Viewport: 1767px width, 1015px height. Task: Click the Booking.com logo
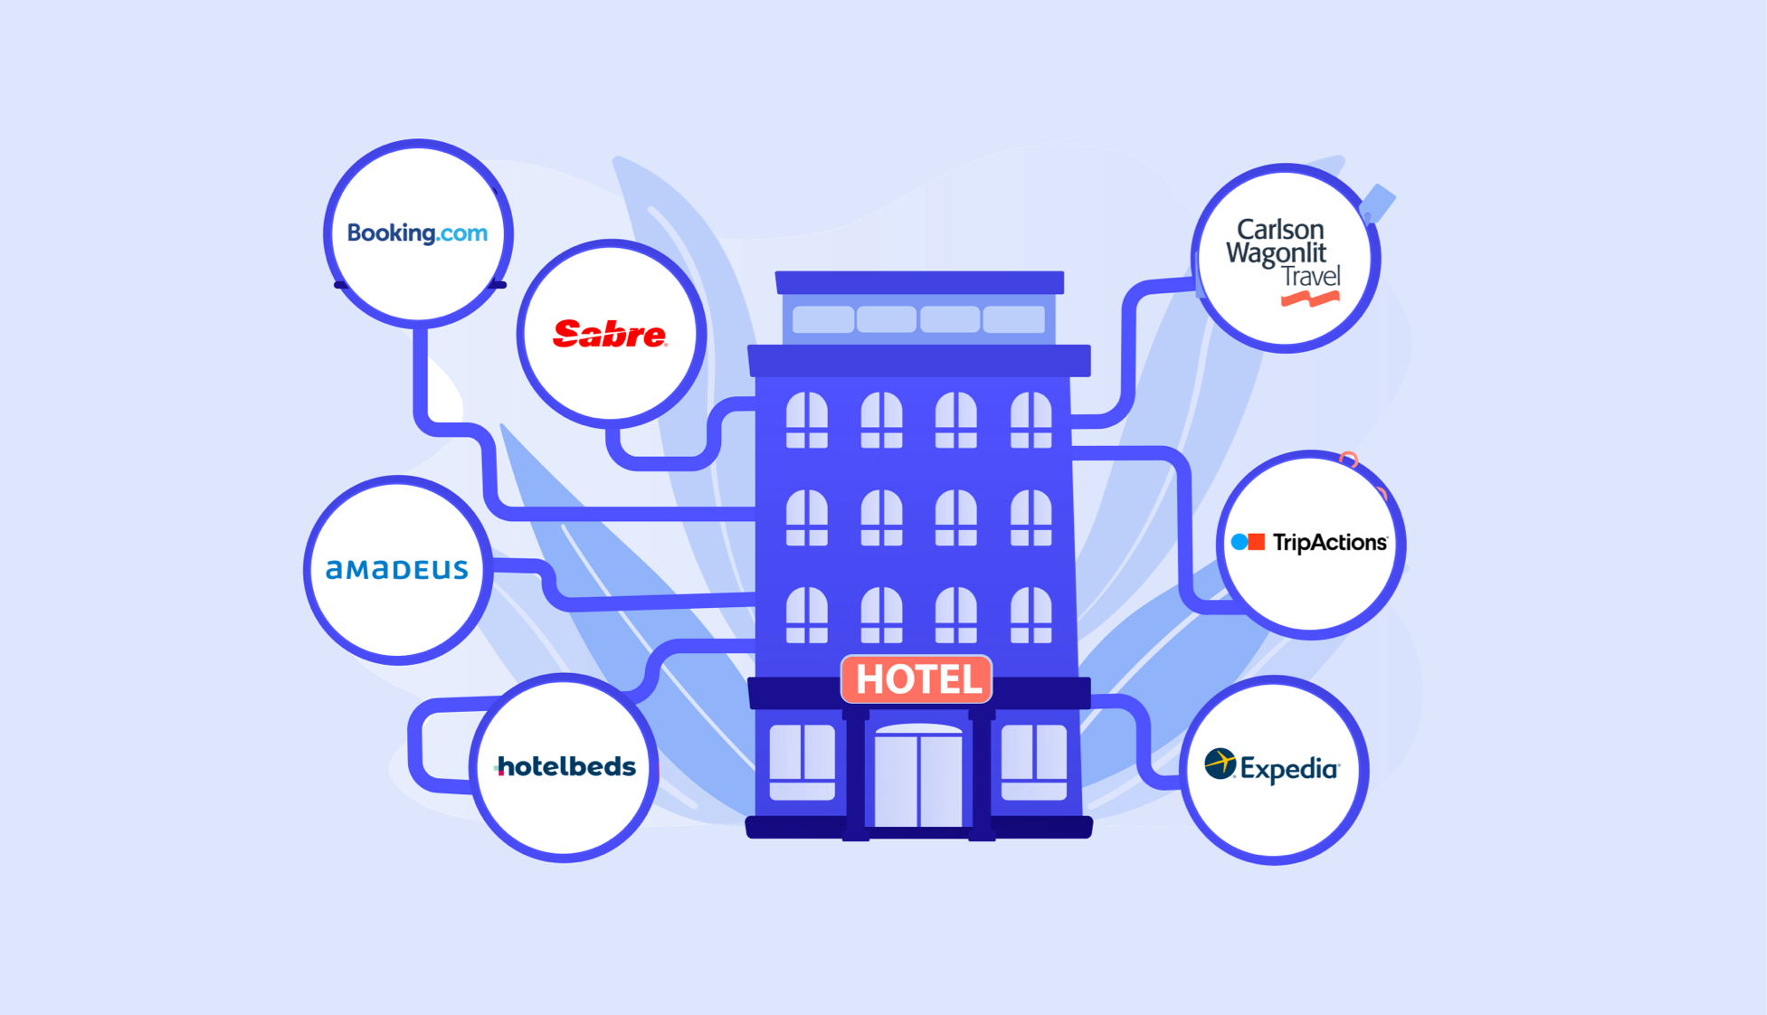click(x=417, y=233)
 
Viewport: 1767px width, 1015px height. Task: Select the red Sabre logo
click(x=610, y=334)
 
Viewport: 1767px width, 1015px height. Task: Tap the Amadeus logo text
click(x=397, y=569)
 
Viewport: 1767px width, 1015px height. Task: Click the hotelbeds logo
click(x=565, y=767)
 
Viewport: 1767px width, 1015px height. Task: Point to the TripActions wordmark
click(x=1330, y=543)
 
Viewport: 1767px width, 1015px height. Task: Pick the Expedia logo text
click(x=1289, y=769)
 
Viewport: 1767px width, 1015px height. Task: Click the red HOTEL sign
click(x=917, y=679)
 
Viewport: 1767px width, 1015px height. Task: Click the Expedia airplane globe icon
click(x=1221, y=764)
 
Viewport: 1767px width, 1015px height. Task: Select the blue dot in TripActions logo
click(x=1240, y=543)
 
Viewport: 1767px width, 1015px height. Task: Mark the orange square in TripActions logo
click(x=1257, y=542)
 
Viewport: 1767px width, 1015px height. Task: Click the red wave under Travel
click(x=1310, y=299)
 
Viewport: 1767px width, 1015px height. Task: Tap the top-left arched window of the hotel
click(x=806, y=420)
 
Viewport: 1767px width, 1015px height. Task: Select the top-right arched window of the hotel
click(x=1031, y=420)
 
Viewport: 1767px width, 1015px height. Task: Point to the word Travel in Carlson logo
click(x=1311, y=277)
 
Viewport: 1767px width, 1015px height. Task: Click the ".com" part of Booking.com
click(x=462, y=233)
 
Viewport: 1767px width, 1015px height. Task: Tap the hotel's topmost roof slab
click(x=919, y=282)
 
